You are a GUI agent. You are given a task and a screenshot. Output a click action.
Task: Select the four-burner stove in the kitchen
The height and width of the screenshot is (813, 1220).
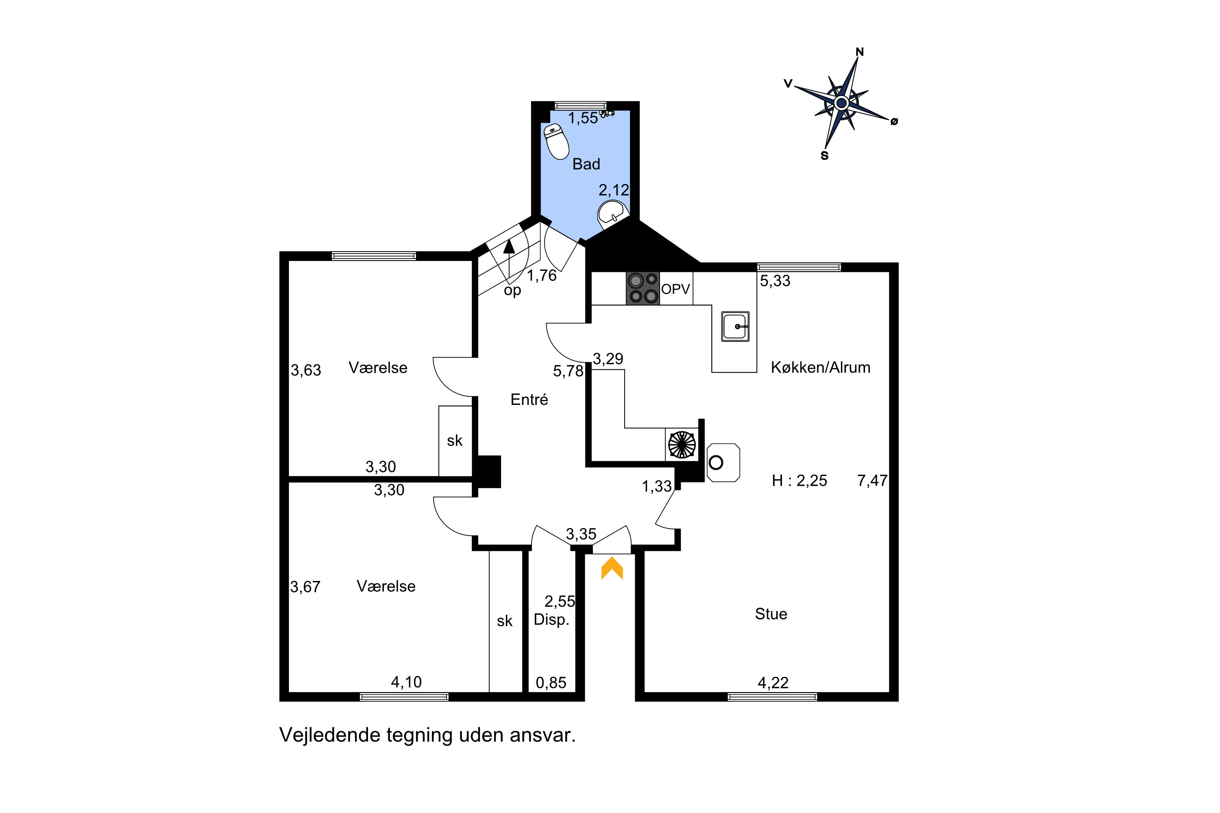643,288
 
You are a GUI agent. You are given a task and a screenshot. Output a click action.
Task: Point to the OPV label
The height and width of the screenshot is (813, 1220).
675,289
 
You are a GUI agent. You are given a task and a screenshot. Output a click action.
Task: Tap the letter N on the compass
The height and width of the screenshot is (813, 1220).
860,52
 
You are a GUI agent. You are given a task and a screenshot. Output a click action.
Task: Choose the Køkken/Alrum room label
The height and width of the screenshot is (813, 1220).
820,367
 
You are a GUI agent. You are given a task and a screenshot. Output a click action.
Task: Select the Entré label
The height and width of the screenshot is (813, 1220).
529,400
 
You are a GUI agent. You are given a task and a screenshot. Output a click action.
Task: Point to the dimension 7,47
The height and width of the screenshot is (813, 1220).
872,480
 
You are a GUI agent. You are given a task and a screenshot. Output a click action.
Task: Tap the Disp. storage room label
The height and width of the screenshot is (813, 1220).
551,620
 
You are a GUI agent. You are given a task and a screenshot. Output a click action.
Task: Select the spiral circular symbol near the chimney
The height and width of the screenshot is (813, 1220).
682,445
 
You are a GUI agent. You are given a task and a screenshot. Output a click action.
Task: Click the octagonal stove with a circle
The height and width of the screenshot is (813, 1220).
723,463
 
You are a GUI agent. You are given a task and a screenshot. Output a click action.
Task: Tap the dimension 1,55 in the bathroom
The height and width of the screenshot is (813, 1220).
583,119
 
